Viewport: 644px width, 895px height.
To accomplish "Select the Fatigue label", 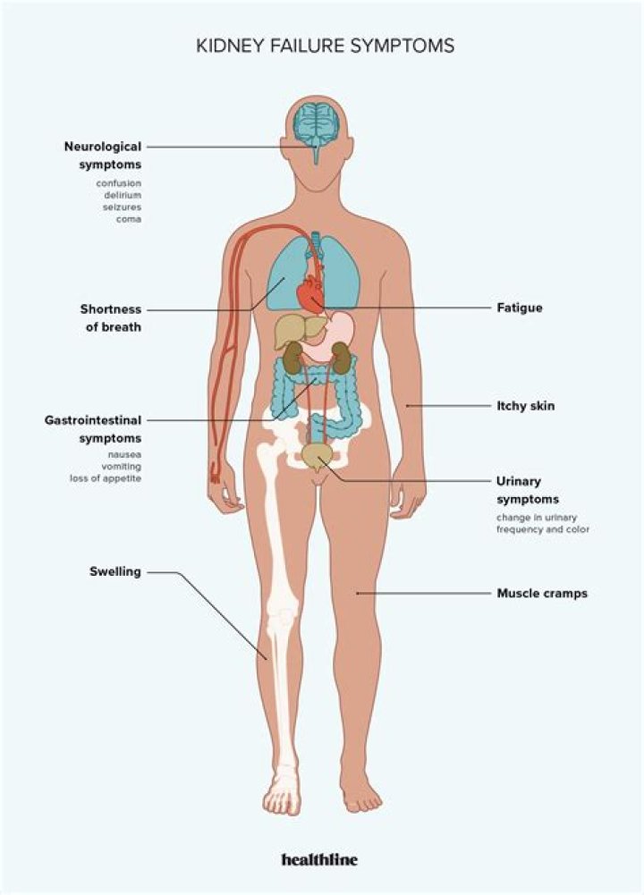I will point(520,308).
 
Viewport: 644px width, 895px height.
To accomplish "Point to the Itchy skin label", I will point(526,406).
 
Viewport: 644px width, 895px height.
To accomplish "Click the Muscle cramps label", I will point(542,593).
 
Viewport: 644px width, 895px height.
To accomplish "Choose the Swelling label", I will point(115,571).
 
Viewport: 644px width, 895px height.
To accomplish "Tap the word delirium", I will point(123,195).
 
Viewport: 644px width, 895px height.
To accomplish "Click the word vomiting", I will point(122,467).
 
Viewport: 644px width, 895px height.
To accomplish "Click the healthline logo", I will point(319,859).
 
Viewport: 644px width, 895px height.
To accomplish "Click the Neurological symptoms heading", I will point(103,155).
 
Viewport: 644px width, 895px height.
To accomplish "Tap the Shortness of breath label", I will point(111,317).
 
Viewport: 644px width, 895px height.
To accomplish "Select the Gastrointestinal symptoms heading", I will point(93,428).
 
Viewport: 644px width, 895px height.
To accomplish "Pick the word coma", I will point(129,218).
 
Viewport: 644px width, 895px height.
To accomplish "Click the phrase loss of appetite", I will point(106,478).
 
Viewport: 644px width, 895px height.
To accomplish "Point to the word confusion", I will point(119,183).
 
